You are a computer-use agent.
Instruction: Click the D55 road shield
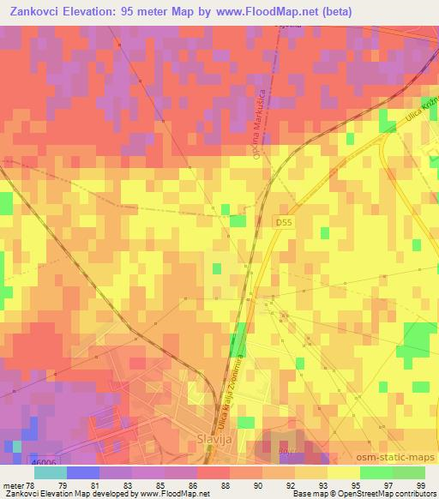[x=284, y=221]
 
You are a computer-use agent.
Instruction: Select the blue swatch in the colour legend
[x=82, y=472]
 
